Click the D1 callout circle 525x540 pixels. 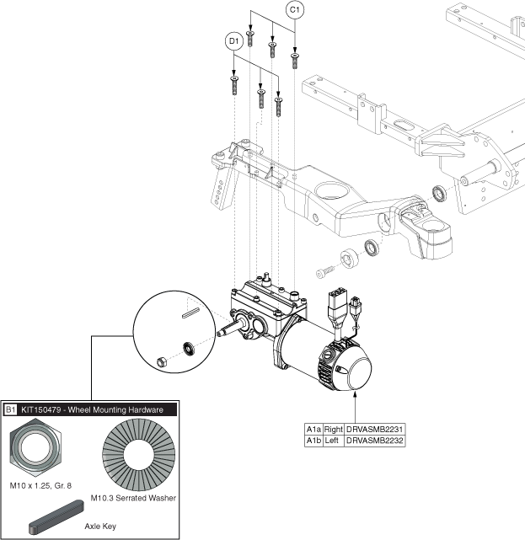point(234,40)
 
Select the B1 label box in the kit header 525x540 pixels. point(11,409)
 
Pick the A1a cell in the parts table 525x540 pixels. point(313,429)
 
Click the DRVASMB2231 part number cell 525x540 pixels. point(375,429)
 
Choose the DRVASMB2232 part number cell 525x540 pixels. point(375,441)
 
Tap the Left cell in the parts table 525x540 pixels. point(331,441)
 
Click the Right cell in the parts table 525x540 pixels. point(333,429)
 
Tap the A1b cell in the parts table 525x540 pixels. point(313,441)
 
